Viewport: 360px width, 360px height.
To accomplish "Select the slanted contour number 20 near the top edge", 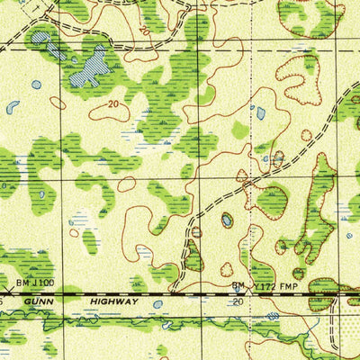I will click(x=145, y=30).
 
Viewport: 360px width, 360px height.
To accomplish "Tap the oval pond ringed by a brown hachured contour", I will click(x=227, y=219).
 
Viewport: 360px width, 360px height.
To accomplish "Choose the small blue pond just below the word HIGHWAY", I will click(x=158, y=304).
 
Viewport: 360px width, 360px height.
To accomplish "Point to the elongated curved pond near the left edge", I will click(x=13, y=106).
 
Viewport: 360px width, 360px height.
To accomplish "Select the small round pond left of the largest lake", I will click(x=36, y=85).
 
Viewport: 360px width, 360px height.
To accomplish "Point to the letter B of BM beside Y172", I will click(x=234, y=286).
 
